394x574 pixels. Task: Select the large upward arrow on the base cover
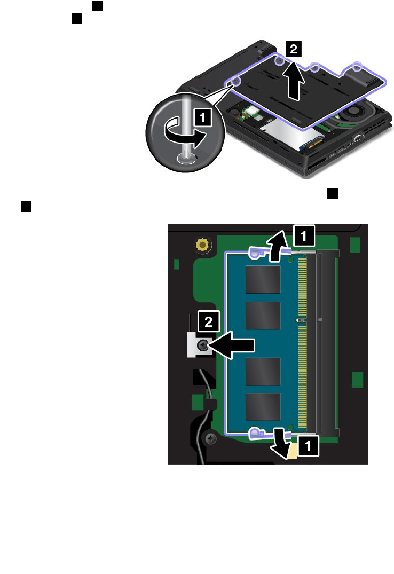point(294,81)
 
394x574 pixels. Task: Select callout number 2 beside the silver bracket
point(207,322)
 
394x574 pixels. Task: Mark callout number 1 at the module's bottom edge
point(308,446)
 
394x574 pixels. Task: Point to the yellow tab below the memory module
point(291,452)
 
